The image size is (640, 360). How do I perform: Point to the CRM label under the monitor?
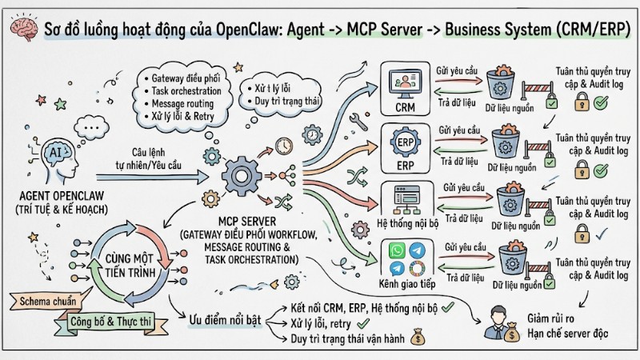[x=405, y=106]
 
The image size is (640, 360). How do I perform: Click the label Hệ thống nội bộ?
[x=406, y=225]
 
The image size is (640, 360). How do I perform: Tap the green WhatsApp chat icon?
[x=394, y=250]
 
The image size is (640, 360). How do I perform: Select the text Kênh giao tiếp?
[x=406, y=283]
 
